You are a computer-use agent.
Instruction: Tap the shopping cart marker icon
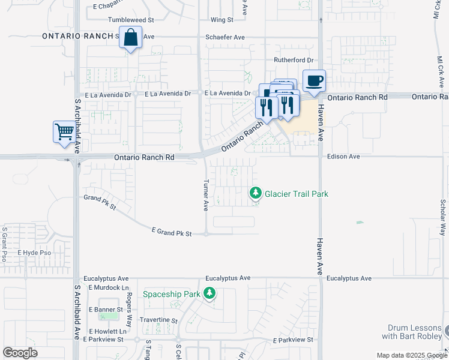64,131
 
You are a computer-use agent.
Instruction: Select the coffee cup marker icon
314,80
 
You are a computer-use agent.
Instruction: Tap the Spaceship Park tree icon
209,294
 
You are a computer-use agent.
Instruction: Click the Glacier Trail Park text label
297,194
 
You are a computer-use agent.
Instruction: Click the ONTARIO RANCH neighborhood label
77,37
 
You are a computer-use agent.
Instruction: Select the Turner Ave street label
205,197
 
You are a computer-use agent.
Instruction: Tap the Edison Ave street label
343,157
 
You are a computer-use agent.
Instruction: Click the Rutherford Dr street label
294,60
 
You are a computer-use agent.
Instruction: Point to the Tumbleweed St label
131,20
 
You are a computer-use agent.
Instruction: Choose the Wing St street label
221,20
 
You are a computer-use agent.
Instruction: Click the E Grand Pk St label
171,232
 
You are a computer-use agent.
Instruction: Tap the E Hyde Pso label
34,253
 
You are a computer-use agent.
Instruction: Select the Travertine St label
158,321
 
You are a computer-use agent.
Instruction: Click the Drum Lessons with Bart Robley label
415,332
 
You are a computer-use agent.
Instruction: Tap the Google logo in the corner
20,353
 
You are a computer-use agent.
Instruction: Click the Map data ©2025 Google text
411,355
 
